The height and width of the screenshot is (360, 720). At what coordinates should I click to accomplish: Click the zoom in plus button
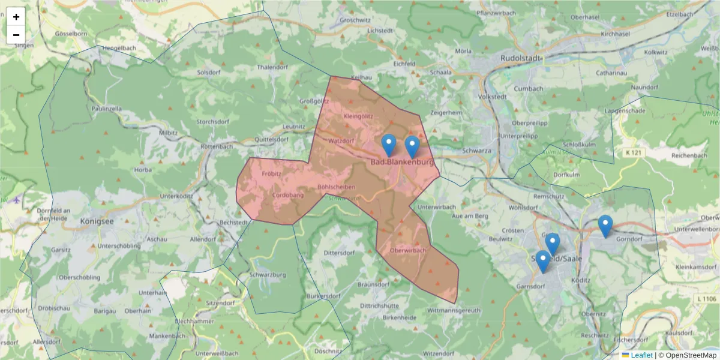[x=16, y=17]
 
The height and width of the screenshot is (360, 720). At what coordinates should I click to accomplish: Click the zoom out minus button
[x=16, y=35]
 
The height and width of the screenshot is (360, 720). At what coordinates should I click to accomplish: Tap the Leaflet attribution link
[x=641, y=355]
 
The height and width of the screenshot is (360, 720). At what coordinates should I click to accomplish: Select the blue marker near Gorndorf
[x=605, y=226]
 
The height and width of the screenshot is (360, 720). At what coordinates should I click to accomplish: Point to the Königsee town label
[x=97, y=221]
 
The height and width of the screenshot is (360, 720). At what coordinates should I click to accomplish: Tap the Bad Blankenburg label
[x=401, y=162]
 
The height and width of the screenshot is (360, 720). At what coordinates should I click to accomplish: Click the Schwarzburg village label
[x=267, y=275]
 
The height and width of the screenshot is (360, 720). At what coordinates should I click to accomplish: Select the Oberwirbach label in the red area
[x=407, y=250]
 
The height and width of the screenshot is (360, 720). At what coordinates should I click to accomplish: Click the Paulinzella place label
[x=107, y=109]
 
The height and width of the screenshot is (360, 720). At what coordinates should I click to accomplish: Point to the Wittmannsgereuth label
[x=454, y=310]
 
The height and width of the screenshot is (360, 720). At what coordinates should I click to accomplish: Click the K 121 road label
[x=634, y=153]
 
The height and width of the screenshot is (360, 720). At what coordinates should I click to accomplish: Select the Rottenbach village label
[x=217, y=146]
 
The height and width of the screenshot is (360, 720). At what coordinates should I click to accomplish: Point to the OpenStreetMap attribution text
[x=688, y=355]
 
